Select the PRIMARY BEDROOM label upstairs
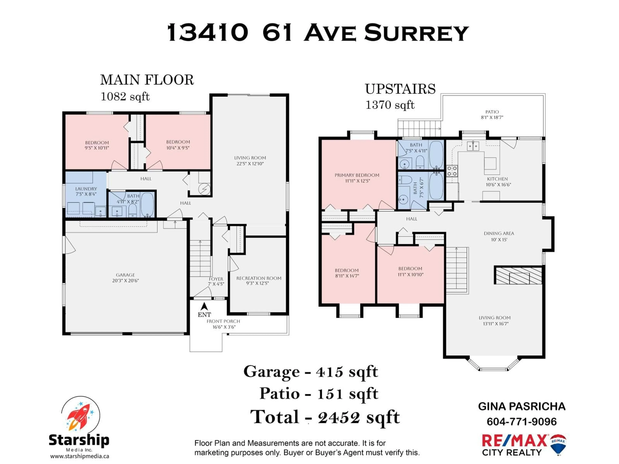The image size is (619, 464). (x=357, y=175)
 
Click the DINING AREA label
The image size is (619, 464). (x=499, y=233)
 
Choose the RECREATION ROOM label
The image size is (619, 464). (x=259, y=278)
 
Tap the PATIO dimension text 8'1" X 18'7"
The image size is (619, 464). (x=492, y=117)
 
